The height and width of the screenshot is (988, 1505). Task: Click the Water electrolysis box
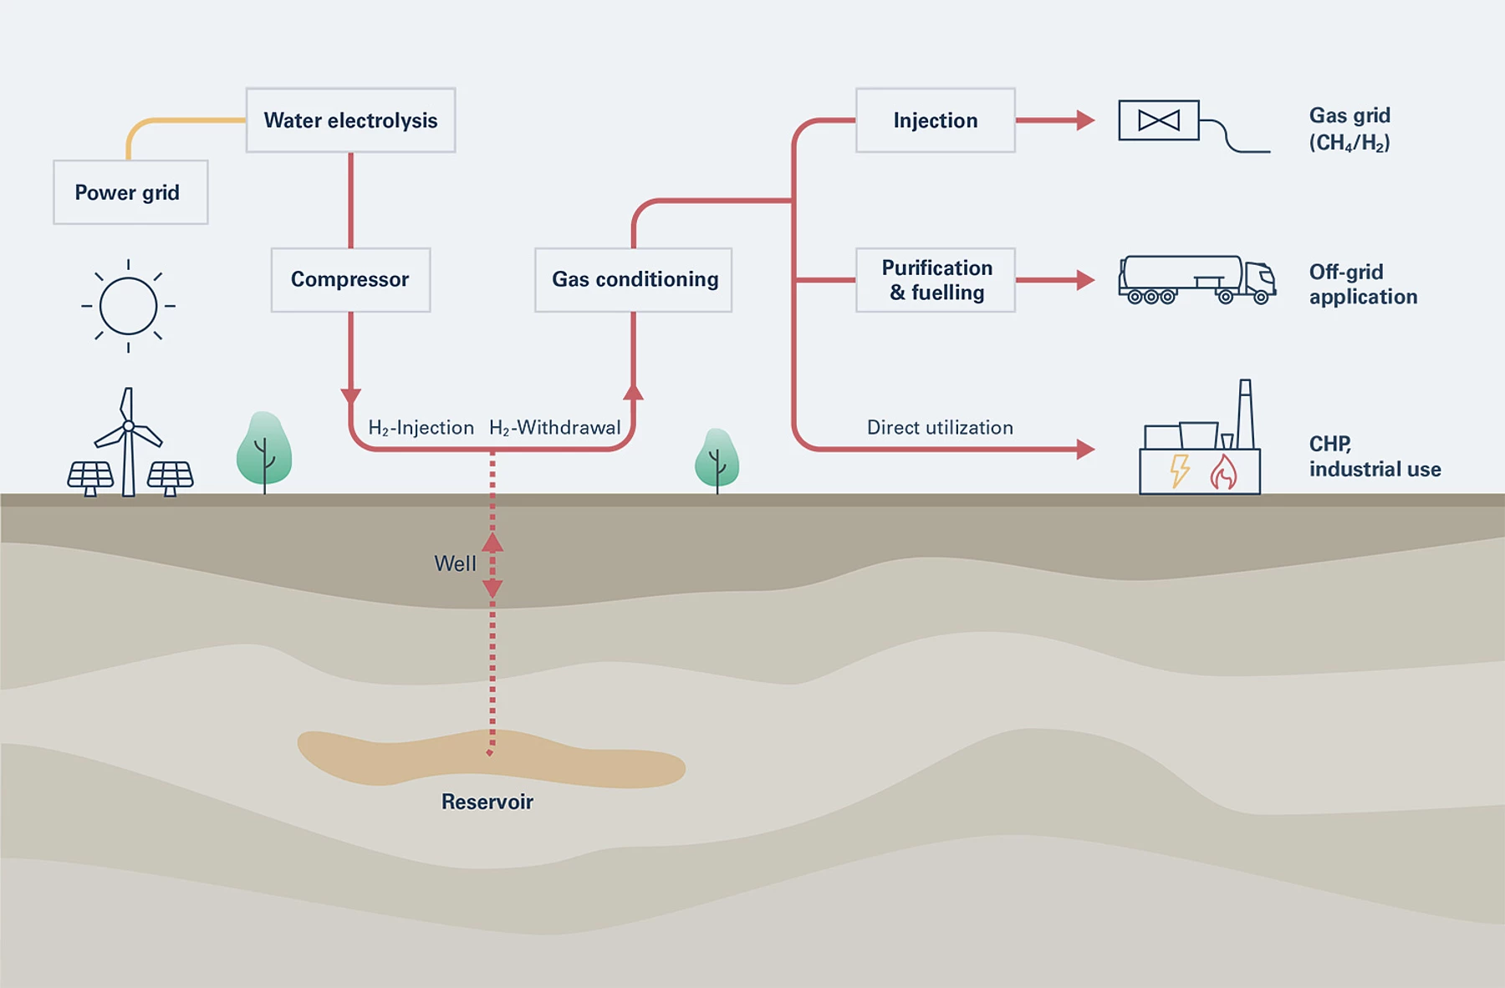350,120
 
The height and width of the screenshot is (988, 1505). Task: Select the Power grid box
130,192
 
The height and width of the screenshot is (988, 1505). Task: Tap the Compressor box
350,279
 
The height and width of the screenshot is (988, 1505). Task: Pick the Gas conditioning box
633,279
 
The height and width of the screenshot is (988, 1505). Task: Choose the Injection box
935,120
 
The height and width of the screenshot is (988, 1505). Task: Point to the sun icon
128,306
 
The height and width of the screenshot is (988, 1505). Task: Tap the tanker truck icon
1196,280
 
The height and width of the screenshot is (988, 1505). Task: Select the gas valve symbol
1159,120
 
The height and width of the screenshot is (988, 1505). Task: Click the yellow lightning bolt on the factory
1179,471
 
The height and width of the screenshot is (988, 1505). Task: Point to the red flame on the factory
1223,472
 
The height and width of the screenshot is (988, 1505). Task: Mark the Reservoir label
487,802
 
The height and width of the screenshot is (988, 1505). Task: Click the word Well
455,564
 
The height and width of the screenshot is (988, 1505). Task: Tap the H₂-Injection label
421,428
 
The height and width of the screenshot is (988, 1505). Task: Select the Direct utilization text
940,428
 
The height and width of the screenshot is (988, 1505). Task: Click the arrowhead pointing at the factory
1085,450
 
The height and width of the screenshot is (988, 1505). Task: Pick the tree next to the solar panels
264,450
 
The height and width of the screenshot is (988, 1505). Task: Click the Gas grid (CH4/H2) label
1349,129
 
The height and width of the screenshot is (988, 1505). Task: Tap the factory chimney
1245,414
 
